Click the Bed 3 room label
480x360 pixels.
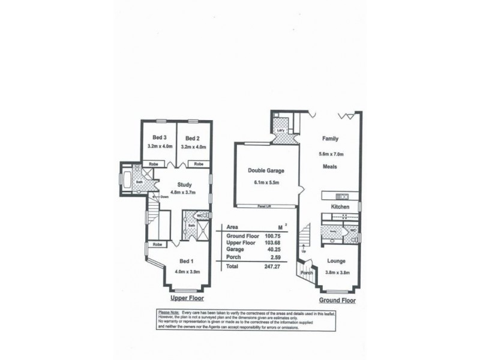[x=159, y=136]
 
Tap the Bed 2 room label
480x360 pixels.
[x=191, y=136]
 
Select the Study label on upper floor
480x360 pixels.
[x=185, y=185]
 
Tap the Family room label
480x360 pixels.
[x=331, y=138]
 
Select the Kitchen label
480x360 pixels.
[x=340, y=206]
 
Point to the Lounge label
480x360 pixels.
[x=335, y=261]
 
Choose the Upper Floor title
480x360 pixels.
[x=187, y=298]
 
